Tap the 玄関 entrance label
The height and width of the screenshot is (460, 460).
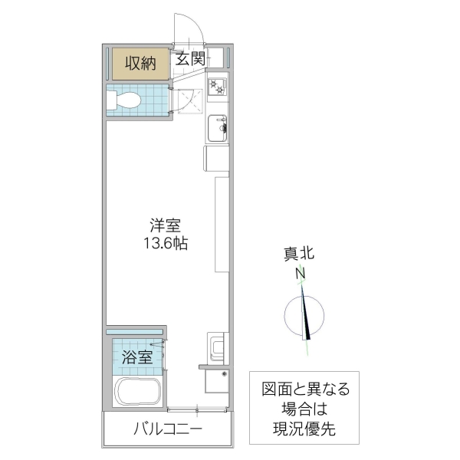(189, 58)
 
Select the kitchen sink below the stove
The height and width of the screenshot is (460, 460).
(218, 127)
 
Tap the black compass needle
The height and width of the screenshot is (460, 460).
(306, 314)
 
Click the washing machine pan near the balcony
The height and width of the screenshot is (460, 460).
(215, 348)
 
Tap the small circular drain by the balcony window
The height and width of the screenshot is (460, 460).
(224, 374)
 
